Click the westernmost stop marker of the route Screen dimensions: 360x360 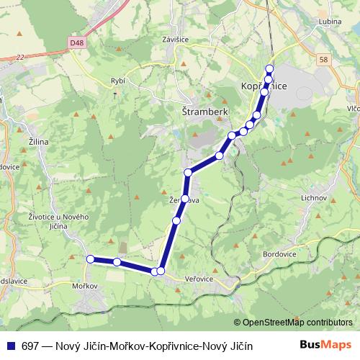90,259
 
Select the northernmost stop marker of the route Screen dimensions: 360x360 269,69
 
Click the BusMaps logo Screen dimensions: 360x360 325,345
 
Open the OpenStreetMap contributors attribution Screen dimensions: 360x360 297,322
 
